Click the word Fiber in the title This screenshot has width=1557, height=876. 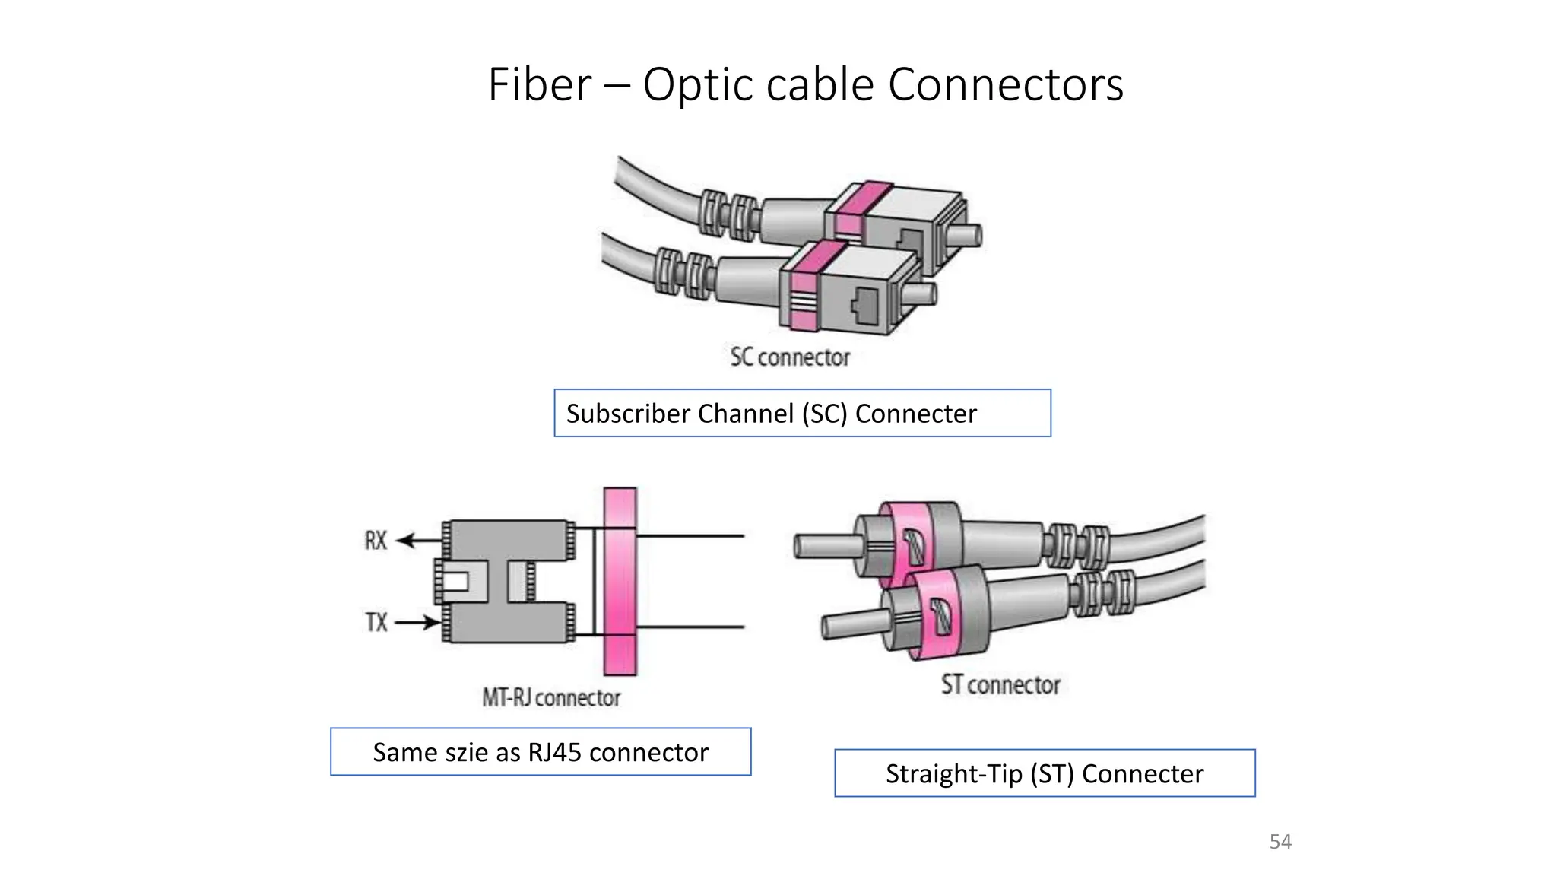click(539, 84)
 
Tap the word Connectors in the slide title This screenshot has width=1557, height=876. click(1005, 84)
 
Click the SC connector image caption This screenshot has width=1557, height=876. click(790, 357)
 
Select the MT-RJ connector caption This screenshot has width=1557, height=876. click(551, 697)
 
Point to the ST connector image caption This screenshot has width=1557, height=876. click(1000, 684)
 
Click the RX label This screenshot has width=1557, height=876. click(376, 541)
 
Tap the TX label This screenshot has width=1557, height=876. click(376, 623)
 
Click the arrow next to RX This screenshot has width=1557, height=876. click(418, 541)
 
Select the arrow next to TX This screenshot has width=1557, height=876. click(418, 623)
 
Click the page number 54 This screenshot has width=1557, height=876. click(1280, 842)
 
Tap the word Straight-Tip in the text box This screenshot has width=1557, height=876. click(953, 774)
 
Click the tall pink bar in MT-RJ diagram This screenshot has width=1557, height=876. click(620, 582)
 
